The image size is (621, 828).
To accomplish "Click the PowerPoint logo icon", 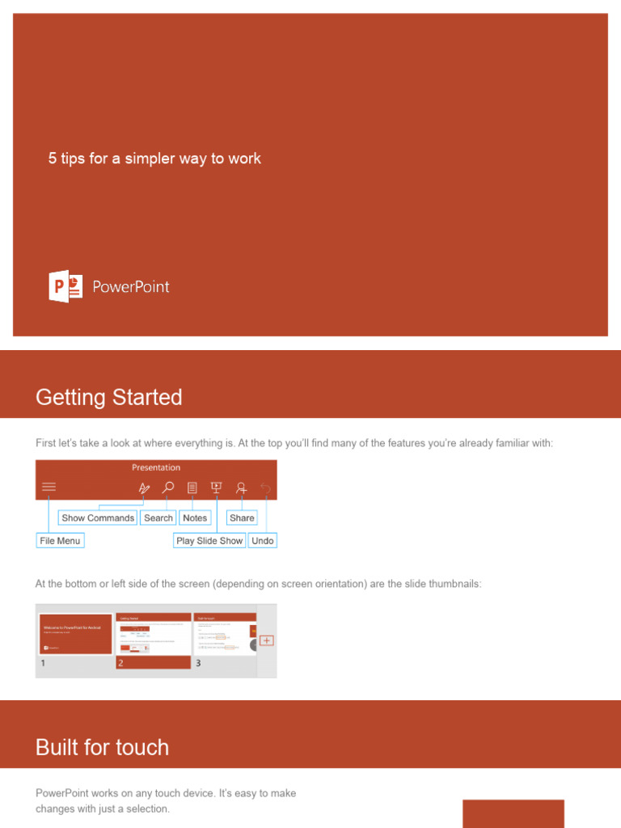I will [x=65, y=287].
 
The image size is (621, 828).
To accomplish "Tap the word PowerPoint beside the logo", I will [x=130, y=287].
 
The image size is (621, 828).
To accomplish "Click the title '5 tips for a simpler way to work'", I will [x=154, y=158].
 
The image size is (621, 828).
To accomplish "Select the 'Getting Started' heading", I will [x=109, y=397].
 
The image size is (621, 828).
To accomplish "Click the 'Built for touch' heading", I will [x=103, y=747].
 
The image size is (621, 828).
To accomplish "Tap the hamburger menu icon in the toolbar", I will [x=49, y=488].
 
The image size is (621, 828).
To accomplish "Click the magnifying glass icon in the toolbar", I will [x=167, y=488].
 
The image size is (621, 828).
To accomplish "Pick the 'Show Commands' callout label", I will [x=98, y=518].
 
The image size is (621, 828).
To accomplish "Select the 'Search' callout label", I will [x=158, y=518].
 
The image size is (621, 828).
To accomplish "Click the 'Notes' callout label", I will [x=195, y=518].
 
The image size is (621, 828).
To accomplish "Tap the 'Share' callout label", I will [x=242, y=518].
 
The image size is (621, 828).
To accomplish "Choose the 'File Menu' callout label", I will [x=60, y=541].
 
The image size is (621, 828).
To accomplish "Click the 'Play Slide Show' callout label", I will [x=209, y=541].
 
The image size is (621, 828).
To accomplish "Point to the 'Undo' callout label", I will [x=263, y=541].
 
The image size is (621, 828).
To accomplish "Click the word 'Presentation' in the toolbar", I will [x=156, y=467].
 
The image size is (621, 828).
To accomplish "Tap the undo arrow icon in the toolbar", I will [x=265, y=488].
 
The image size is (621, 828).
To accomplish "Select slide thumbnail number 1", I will [x=75, y=634].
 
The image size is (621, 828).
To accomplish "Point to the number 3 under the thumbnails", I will [x=198, y=663].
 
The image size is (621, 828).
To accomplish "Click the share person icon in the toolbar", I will [x=241, y=488].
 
